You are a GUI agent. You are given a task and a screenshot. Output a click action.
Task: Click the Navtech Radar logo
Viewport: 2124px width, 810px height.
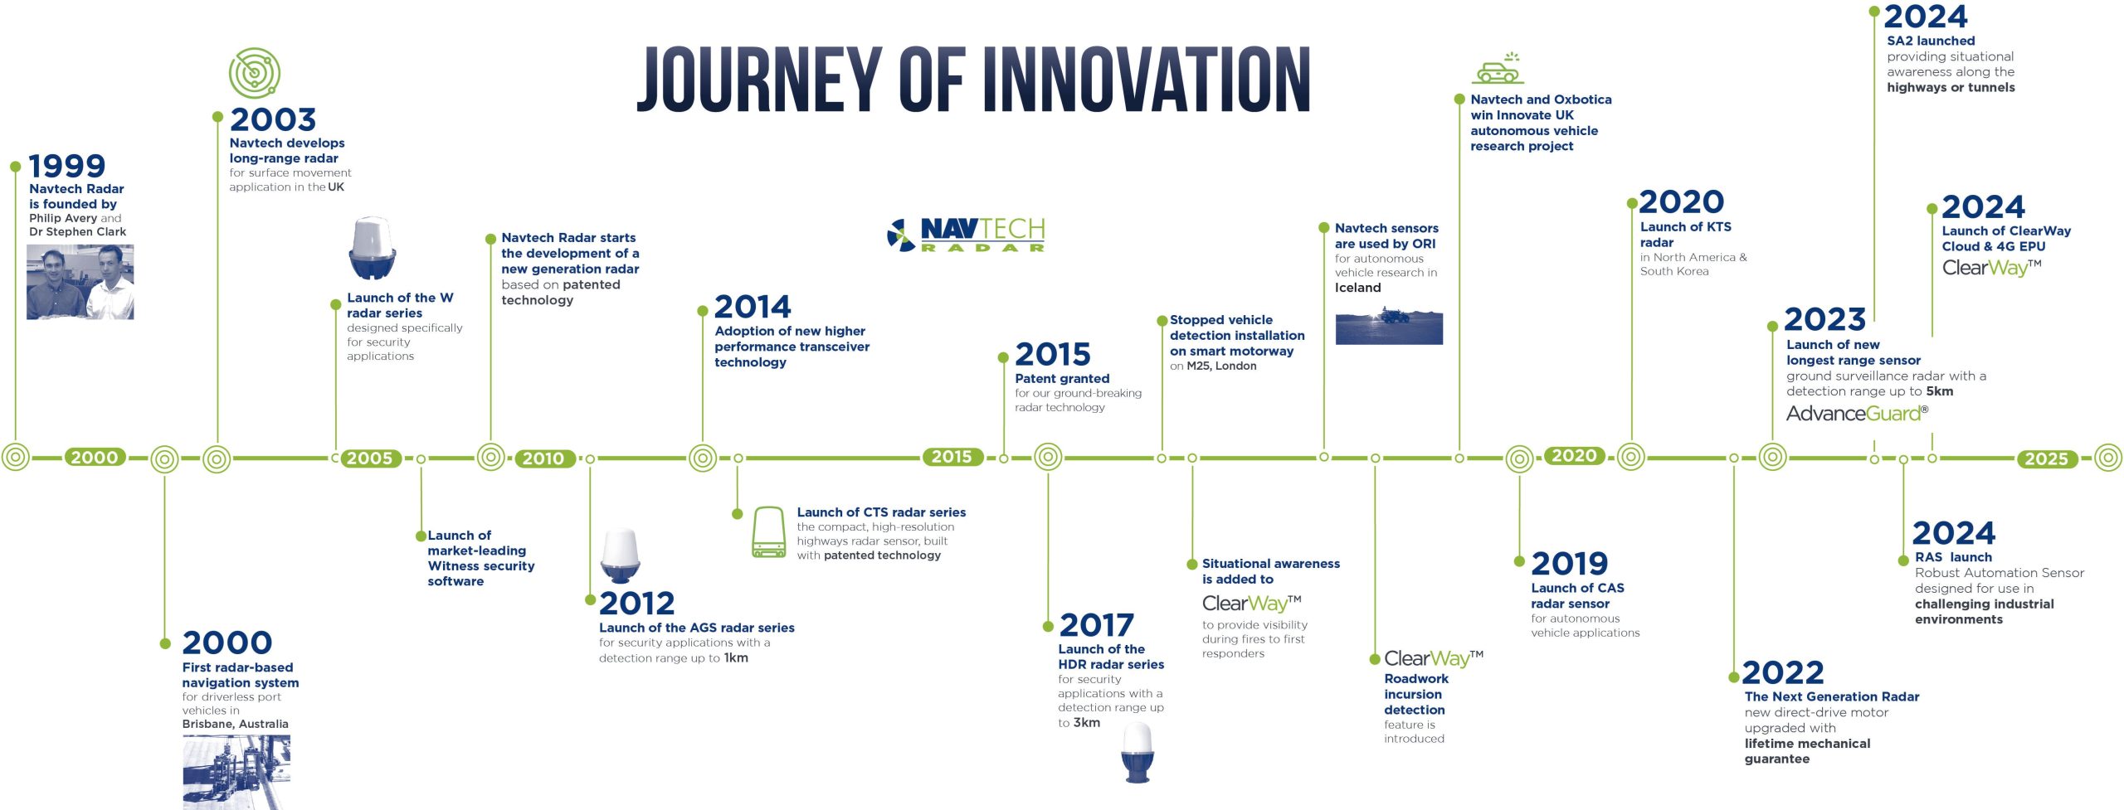[x=966, y=235]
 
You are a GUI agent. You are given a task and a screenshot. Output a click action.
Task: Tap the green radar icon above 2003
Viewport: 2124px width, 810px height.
[x=255, y=73]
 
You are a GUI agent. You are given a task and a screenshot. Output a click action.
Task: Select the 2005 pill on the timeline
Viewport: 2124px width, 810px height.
[x=369, y=458]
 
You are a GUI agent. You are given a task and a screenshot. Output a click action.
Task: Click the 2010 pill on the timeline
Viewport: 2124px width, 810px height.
[x=543, y=458]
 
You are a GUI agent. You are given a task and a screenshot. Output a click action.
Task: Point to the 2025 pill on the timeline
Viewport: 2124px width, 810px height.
[x=2047, y=458]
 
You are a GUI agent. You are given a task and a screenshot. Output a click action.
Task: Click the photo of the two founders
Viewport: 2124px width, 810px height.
[x=80, y=282]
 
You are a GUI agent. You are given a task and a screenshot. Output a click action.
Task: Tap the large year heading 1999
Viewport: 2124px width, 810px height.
[x=67, y=167]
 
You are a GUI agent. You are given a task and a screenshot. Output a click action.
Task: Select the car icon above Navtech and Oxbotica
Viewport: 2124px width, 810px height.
[x=1498, y=69]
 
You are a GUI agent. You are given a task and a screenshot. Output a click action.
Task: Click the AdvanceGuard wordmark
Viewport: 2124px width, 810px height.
[x=1857, y=414]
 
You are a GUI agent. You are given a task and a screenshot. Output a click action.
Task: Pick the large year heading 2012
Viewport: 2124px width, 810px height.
[x=637, y=603]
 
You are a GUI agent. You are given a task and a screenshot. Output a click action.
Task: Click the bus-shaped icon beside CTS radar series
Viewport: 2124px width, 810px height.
[x=769, y=532]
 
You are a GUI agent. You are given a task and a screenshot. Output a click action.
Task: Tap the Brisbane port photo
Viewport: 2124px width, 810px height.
[x=236, y=772]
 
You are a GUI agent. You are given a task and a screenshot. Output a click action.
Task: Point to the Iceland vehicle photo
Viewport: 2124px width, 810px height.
[x=1389, y=327]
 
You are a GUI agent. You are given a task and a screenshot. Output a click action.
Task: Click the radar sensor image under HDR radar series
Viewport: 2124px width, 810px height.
[x=1138, y=752]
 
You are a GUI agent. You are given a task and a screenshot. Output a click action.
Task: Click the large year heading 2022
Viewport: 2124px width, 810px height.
[x=1783, y=672]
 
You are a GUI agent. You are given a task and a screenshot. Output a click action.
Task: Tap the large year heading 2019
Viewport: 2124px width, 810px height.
[x=1570, y=564]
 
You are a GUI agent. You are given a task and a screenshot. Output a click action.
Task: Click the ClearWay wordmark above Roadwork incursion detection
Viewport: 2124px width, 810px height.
[x=1434, y=659]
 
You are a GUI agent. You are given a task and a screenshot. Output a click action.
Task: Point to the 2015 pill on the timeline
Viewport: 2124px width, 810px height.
[x=952, y=457]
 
